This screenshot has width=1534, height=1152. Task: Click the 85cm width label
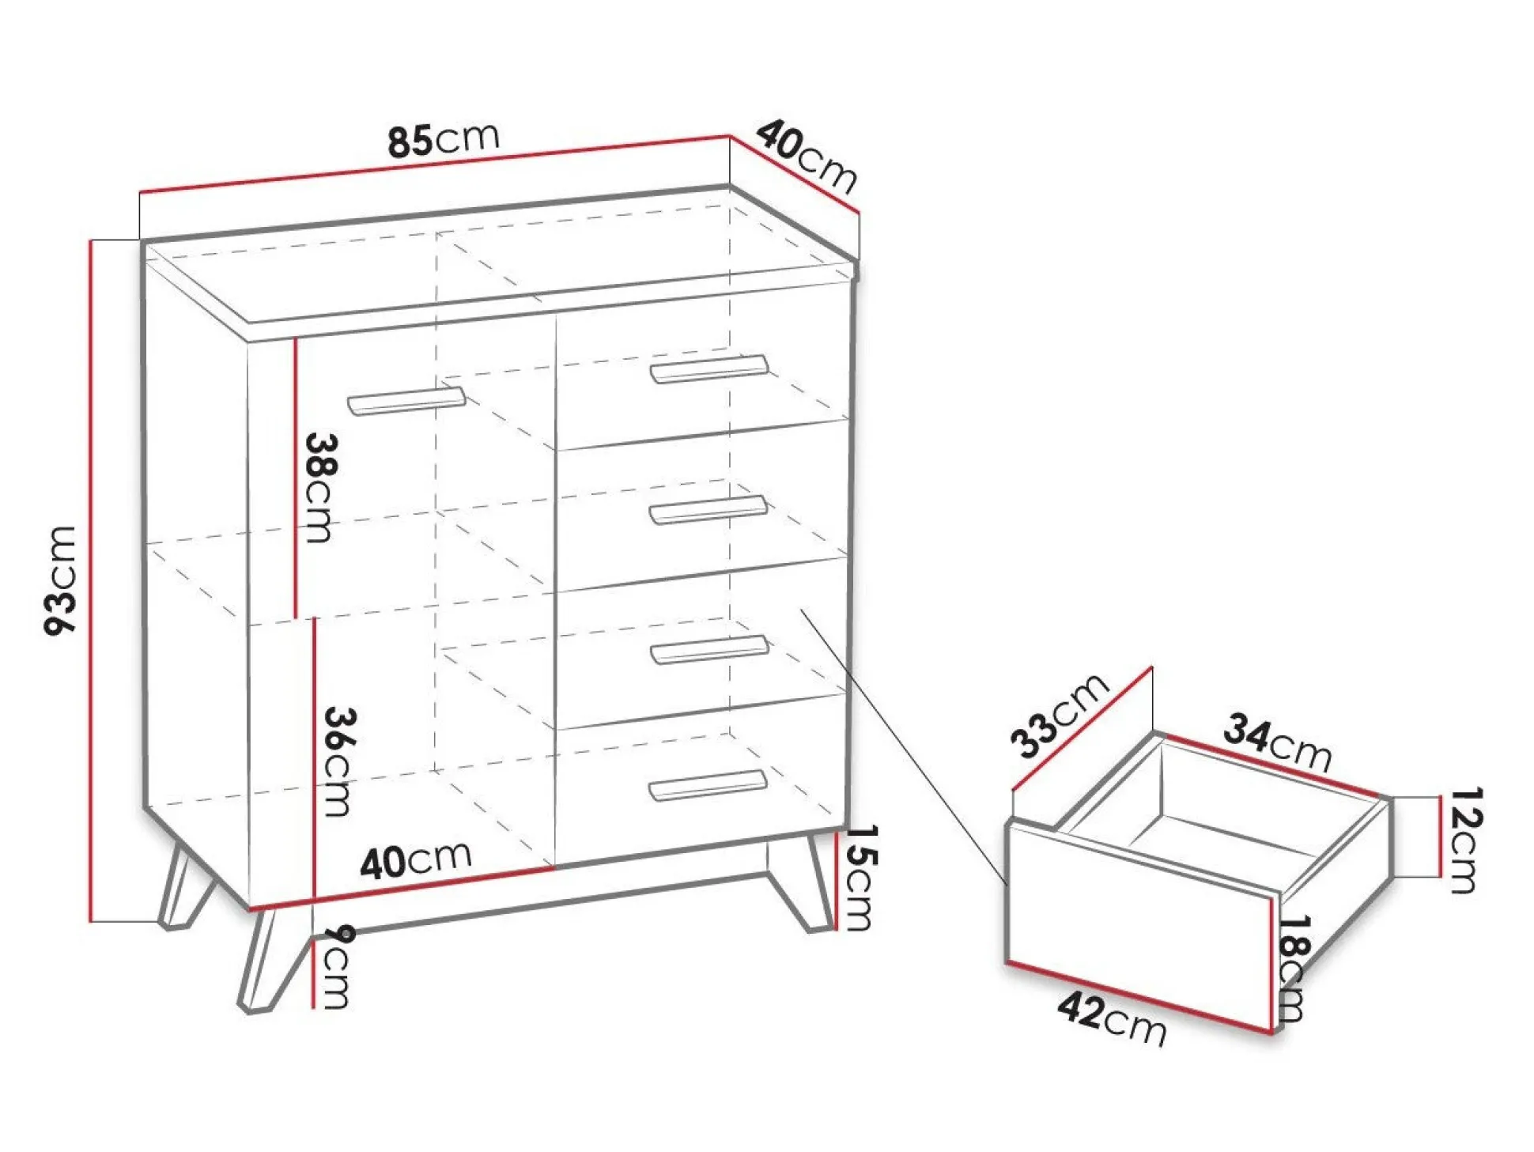(x=444, y=140)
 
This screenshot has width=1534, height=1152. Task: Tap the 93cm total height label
(x=62, y=580)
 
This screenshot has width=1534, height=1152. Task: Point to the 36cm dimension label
(x=339, y=761)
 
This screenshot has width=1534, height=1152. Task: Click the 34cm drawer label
(x=1278, y=742)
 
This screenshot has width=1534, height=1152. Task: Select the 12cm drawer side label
(x=1464, y=840)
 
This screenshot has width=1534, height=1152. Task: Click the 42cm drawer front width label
(x=1112, y=1020)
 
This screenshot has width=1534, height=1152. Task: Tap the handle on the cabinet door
(x=406, y=400)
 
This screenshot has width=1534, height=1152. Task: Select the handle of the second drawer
(x=708, y=510)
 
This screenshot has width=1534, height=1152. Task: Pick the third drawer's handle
(x=709, y=650)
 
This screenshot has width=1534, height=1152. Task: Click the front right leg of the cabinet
(x=800, y=884)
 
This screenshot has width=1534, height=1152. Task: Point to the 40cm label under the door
(x=416, y=860)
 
